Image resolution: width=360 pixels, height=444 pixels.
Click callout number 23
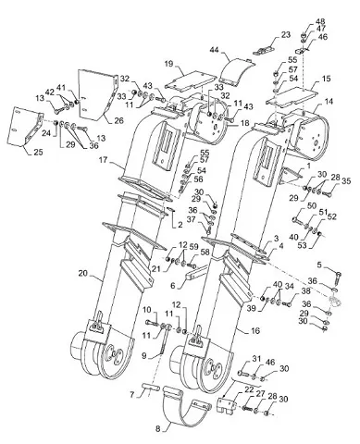click(x=286, y=35)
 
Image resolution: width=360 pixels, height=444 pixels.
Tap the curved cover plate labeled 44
click(x=238, y=70)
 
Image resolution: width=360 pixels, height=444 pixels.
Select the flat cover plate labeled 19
click(x=190, y=81)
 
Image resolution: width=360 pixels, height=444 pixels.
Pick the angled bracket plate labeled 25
click(x=28, y=126)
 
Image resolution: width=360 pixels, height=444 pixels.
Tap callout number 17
click(x=104, y=160)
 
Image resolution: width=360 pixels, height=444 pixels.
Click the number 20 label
click(x=82, y=273)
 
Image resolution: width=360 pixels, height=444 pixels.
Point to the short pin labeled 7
click(x=151, y=386)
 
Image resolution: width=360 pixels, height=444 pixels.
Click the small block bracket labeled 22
click(x=227, y=403)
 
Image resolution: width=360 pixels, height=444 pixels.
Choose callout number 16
click(x=255, y=331)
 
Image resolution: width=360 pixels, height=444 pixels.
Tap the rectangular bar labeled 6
click(x=198, y=273)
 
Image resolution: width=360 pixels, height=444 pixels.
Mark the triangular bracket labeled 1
click(x=289, y=176)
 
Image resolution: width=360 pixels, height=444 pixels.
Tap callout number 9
click(x=144, y=356)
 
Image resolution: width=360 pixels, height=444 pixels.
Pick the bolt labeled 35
click(x=326, y=193)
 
